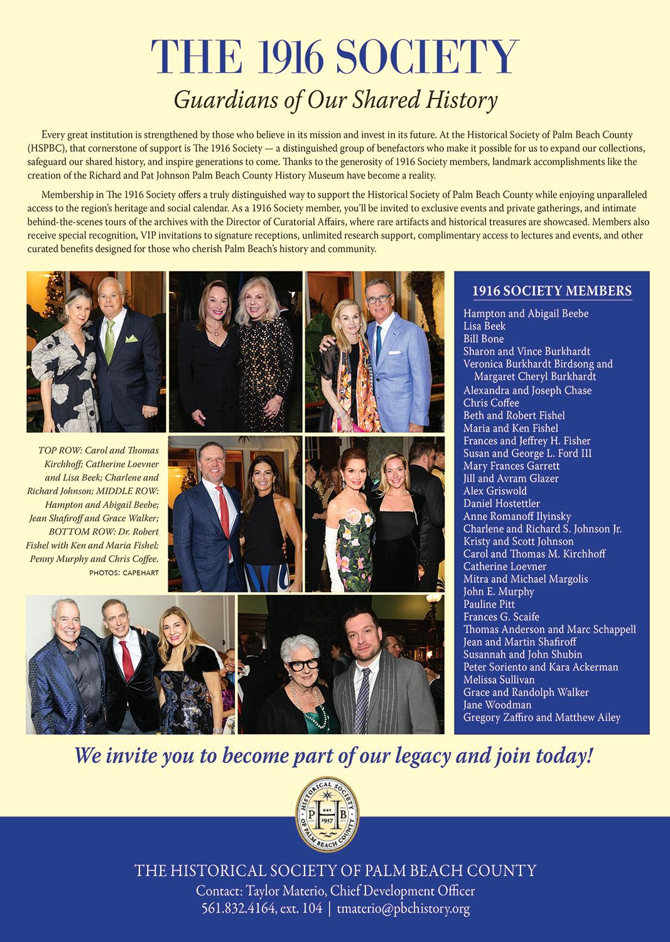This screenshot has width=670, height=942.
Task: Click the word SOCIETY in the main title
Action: coord(428,57)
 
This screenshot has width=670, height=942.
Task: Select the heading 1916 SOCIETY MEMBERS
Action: coord(552,291)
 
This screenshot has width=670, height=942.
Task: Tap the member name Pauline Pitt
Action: coord(489,604)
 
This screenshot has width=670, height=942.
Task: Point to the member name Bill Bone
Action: coord(484,338)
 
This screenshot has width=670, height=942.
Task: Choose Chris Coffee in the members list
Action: coord(491,403)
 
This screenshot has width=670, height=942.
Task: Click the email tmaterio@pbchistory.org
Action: coord(403,908)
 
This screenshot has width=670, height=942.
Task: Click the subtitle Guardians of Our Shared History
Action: coord(335,100)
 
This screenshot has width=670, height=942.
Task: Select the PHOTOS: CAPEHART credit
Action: coord(124,573)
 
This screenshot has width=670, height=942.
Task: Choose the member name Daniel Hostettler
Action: coord(501,503)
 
